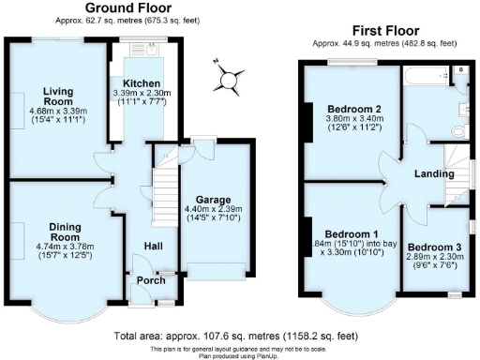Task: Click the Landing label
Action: pos(434,174)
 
